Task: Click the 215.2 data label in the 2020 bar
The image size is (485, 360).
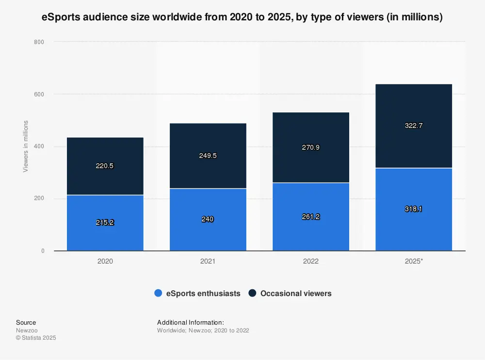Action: [x=105, y=222]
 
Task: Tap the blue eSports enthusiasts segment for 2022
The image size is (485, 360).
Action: [x=311, y=228]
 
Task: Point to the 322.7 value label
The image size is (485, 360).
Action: [x=414, y=125]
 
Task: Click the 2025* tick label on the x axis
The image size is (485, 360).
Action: [x=414, y=261]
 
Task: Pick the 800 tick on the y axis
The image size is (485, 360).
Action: [x=39, y=42]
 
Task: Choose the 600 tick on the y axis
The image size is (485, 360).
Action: [x=39, y=94]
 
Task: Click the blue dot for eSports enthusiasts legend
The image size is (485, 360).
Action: [x=158, y=293]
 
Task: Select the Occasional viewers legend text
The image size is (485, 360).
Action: [x=296, y=293]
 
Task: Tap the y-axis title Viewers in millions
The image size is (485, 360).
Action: [x=26, y=146]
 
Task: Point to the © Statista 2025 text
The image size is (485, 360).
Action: [x=36, y=338]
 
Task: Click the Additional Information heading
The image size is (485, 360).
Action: [x=191, y=322]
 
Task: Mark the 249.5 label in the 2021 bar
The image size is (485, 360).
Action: [x=208, y=156]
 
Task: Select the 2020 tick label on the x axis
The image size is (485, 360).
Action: [x=105, y=261]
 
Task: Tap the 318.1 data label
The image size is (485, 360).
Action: [x=414, y=209]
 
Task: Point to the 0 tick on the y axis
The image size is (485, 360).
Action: [x=43, y=251]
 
